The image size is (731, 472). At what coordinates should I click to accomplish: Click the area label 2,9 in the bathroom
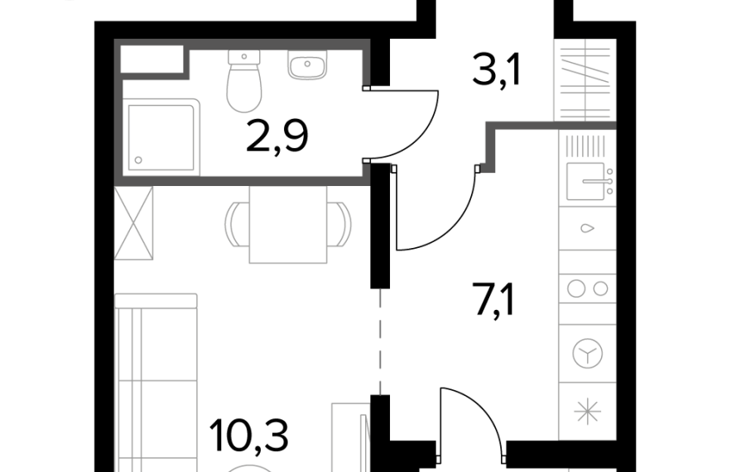click(277, 136)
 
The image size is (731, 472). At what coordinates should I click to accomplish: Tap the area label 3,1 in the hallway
click(496, 69)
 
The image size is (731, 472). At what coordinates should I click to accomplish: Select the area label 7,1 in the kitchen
click(495, 300)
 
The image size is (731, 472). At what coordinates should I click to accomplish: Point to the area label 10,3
click(249, 436)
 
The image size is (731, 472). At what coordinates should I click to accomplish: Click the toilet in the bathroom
click(244, 81)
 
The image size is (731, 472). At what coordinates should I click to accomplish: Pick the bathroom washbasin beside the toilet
click(307, 64)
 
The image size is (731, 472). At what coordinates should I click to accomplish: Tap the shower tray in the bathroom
click(161, 137)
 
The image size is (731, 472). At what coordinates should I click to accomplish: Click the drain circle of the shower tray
click(138, 160)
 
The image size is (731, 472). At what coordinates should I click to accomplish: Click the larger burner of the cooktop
click(576, 288)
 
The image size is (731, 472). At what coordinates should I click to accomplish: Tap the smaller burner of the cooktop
click(601, 289)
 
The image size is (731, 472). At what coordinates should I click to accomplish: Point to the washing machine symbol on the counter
click(588, 353)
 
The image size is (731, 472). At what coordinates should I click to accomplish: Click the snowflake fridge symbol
click(587, 412)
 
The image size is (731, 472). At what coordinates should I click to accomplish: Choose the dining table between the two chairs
click(288, 225)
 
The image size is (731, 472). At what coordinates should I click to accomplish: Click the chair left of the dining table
click(238, 224)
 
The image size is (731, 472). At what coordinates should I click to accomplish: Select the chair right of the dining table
click(339, 224)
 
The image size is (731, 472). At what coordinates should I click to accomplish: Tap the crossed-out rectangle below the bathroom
click(134, 223)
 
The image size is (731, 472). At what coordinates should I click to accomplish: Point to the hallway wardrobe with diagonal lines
click(585, 79)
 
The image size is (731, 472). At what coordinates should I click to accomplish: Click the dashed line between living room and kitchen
click(381, 341)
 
